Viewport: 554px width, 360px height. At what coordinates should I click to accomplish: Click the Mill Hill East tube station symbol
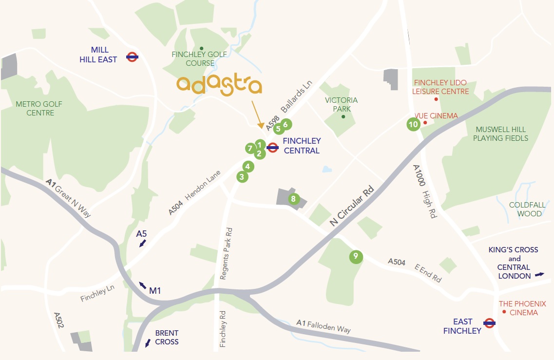click(131, 57)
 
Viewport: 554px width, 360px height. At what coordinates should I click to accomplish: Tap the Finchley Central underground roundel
click(272, 147)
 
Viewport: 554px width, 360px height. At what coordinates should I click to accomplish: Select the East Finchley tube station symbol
click(489, 322)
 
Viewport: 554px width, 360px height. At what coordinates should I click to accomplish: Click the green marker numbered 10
click(413, 124)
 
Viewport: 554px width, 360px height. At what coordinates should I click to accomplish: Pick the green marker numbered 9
click(356, 256)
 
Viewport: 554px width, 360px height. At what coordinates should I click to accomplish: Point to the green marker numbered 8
click(293, 199)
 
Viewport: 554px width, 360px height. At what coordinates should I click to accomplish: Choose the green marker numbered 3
click(242, 177)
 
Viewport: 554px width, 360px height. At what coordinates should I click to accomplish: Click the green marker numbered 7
click(250, 148)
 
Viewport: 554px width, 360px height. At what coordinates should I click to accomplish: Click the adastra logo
click(219, 85)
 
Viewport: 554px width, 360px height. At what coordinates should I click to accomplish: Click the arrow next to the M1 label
click(142, 284)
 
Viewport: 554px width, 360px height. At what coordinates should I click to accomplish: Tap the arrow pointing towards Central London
click(539, 275)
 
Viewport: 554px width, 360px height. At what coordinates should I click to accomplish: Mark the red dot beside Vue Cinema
click(425, 122)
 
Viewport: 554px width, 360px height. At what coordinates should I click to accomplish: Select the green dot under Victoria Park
click(343, 116)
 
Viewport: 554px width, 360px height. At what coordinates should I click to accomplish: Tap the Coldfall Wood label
click(525, 209)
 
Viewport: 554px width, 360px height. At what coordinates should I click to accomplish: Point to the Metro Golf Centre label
click(35, 108)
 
